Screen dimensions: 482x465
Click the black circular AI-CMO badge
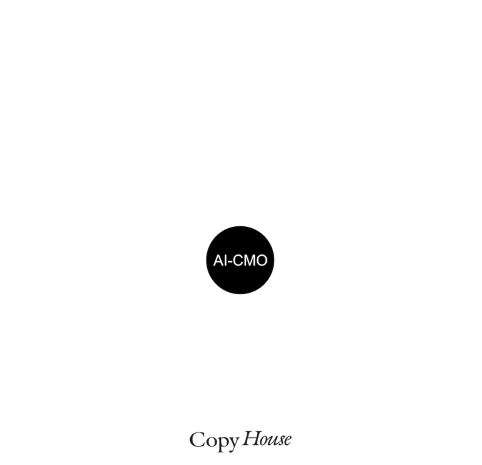[x=240, y=260]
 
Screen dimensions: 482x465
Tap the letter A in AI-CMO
[x=218, y=260]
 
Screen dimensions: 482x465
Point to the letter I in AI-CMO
[x=226, y=260]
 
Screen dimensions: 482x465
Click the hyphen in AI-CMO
[x=230, y=262]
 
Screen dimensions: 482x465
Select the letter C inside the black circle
[x=238, y=260]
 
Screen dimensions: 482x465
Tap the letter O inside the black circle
[x=261, y=260]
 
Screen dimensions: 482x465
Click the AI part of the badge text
[x=220, y=260]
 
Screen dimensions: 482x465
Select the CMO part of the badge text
[x=250, y=260]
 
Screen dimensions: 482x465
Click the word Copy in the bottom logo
[x=214, y=442]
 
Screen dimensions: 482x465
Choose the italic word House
[x=267, y=439]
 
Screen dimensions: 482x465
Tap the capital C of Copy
[x=196, y=439]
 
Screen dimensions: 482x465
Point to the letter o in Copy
[x=210, y=442]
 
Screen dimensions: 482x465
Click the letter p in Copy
[x=222, y=444]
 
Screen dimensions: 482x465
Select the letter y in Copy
[x=233, y=445]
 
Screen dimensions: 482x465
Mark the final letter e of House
[x=287, y=441]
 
